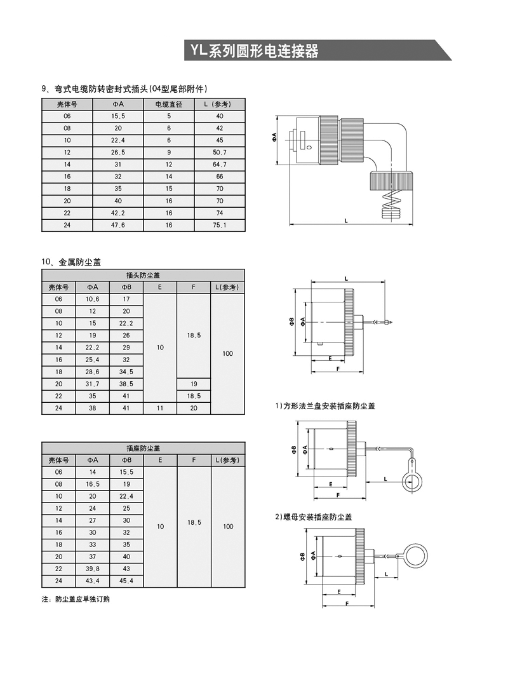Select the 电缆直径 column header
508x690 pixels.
point(169,104)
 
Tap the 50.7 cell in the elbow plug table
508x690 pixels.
point(220,152)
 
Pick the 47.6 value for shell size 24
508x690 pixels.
point(118,225)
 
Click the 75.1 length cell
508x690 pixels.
point(220,225)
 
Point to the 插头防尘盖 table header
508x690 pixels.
point(143,275)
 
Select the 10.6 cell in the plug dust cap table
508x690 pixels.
point(92,299)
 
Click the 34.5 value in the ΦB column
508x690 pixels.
point(126,372)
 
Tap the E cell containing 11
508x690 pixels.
point(160,409)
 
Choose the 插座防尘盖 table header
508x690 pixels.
point(143,448)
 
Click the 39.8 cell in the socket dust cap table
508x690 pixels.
point(92,569)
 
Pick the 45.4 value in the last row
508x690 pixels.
point(126,581)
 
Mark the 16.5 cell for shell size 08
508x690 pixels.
point(92,484)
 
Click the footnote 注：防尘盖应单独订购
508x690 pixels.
point(75,599)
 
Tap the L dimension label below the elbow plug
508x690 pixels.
point(346,220)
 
